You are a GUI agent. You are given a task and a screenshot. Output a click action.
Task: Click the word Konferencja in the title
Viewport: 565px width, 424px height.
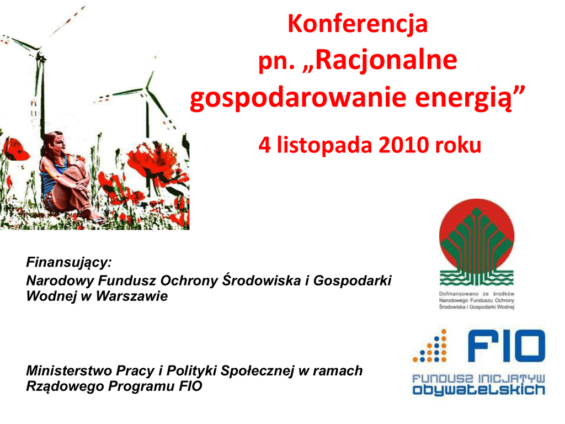(x=358, y=24)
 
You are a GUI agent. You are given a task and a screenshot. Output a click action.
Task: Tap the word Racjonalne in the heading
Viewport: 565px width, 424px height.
(x=387, y=60)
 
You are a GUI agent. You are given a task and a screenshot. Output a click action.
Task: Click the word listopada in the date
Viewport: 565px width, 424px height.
(x=324, y=146)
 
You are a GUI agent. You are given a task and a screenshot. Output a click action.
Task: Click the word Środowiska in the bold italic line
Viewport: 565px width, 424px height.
(x=261, y=280)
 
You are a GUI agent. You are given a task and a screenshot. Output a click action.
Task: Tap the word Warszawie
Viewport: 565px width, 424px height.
(x=131, y=296)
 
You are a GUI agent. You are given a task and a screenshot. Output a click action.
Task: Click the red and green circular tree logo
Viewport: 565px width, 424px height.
(x=477, y=242)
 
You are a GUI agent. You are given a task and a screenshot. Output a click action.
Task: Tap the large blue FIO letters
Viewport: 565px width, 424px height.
(x=507, y=346)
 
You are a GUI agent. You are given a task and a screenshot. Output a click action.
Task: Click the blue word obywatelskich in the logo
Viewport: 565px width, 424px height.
(x=478, y=390)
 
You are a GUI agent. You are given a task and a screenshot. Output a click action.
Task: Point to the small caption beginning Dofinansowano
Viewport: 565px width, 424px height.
(x=477, y=300)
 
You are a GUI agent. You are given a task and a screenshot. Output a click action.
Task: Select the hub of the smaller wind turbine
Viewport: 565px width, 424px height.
(x=146, y=89)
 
